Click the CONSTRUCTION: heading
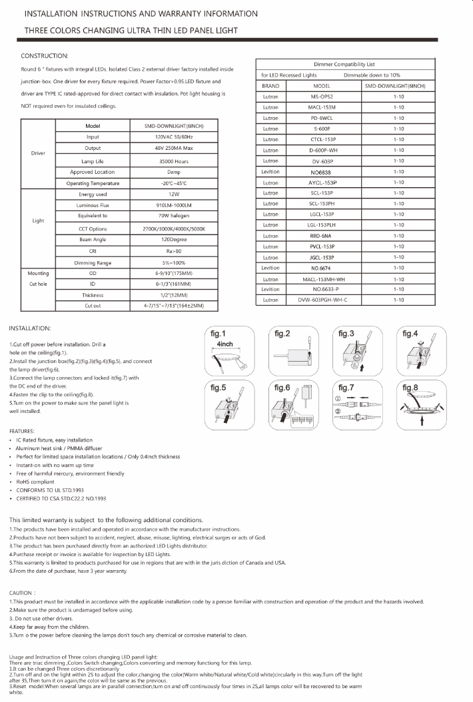click(x=45, y=55)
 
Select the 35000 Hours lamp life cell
click(x=173, y=161)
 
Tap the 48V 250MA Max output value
click(x=173, y=148)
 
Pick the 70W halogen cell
click(x=173, y=216)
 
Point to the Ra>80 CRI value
click(x=173, y=250)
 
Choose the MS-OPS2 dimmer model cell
click(x=322, y=97)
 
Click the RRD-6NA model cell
click(x=322, y=236)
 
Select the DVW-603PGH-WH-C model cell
click(x=322, y=300)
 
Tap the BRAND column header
click(x=270, y=86)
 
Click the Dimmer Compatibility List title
click(x=344, y=64)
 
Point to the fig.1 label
click(x=218, y=334)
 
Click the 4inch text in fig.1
click(x=225, y=344)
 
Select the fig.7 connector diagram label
click(x=346, y=388)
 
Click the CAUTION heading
click(x=23, y=592)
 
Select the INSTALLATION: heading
click(x=35, y=328)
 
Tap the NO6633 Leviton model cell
click(x=322, y=171)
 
